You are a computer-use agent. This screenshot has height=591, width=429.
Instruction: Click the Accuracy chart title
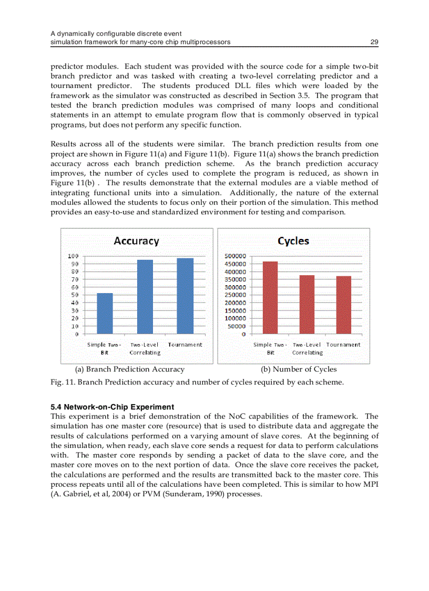point(136,241)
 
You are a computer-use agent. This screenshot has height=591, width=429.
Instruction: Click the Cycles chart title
point(293,241)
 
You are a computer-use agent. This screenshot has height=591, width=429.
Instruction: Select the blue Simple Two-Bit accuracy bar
point(105,314)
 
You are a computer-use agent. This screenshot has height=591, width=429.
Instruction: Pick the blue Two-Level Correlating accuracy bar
point(145,297)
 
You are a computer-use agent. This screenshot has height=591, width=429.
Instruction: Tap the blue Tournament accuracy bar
point(185,296)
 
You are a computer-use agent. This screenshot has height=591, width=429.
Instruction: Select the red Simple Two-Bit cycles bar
point(270,298)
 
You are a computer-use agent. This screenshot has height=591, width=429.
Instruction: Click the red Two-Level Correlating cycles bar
point(307,305)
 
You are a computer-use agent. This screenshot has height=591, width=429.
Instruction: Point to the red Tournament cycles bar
point(344,305)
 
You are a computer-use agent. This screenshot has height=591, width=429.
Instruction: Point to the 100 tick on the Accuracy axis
point(74,256)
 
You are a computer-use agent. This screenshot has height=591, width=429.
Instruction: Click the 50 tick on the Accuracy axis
point(75,295)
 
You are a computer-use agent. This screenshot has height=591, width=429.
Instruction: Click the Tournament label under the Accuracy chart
point(185,345)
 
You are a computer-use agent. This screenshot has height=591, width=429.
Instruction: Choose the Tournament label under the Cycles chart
point(343,345)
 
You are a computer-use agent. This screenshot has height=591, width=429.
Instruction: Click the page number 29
point(374,42)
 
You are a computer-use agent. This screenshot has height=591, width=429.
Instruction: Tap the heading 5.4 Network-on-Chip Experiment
point(112,407)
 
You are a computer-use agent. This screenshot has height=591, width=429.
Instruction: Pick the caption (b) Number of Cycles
point(299,369)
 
